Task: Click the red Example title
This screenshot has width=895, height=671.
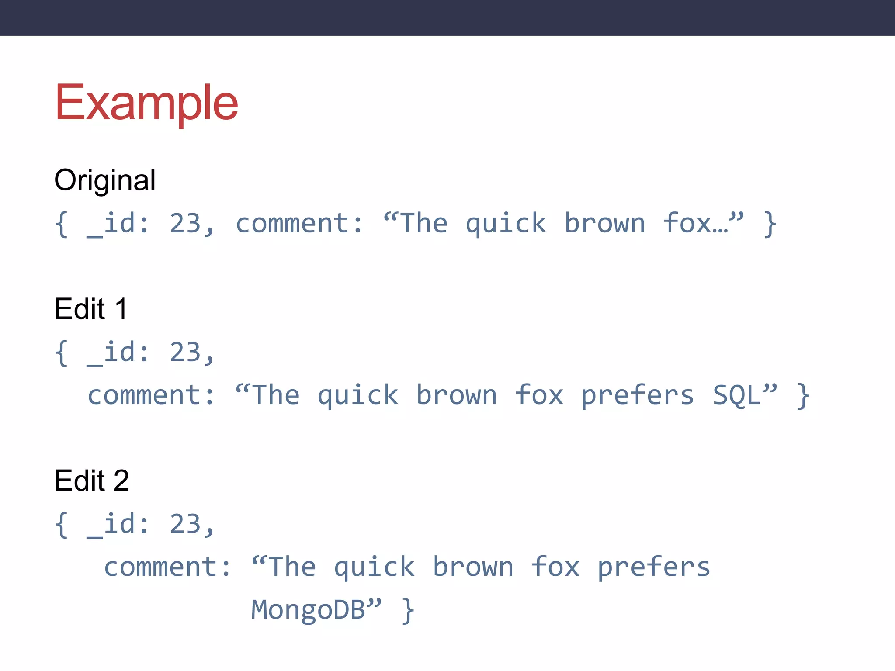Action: point(146,103)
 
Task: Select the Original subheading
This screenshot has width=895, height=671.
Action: point(105,180)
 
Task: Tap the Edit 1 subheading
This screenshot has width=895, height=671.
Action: point(91,309)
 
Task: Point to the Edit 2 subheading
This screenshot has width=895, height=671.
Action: point(92,481)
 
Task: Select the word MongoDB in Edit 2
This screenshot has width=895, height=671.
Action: point(308,610)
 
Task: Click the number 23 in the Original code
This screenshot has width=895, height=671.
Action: point(185,224)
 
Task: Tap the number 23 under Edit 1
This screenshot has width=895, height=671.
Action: point(185,353)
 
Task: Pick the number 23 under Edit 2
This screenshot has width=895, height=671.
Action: point(185,524)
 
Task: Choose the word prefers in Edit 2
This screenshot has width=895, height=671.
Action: point(654,568)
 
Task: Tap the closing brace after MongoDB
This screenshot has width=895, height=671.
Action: point(408,611)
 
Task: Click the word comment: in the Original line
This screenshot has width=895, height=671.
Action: point(300,224)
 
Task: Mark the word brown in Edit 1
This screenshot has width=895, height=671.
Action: point(457,395)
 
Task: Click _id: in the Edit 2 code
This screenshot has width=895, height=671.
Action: point(118,524)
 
